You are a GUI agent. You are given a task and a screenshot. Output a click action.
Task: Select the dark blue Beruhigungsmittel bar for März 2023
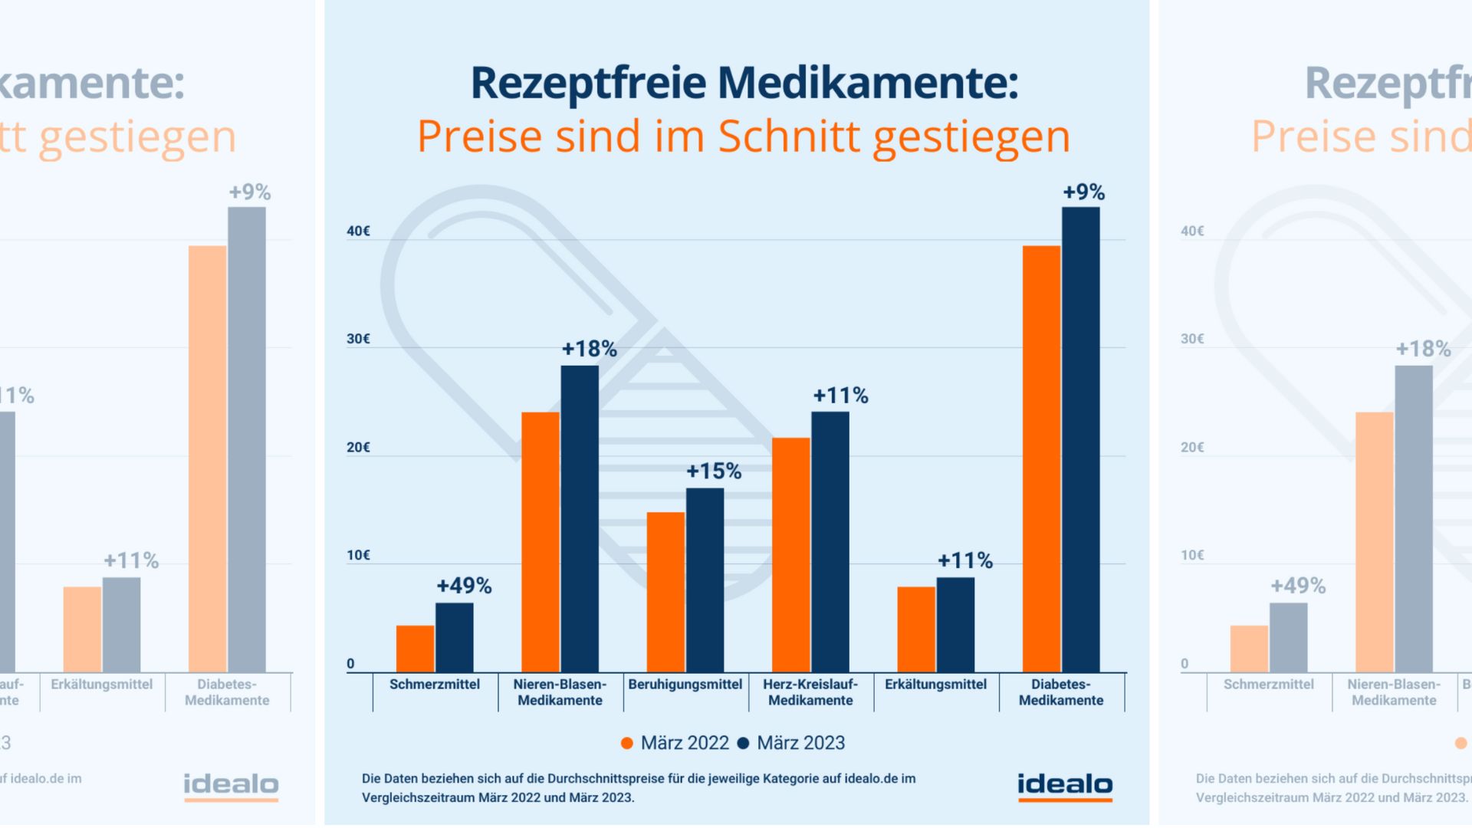point(705,580)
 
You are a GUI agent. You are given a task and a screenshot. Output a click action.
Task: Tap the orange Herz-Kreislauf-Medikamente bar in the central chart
point(790,555)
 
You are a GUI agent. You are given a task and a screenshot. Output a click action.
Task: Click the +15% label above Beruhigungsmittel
point(714,471)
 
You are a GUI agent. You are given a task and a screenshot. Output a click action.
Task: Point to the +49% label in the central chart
point(464,586)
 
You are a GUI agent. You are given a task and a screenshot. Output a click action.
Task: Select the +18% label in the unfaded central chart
point(589,349)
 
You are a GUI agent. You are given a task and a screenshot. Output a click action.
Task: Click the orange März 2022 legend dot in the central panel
point(627,743)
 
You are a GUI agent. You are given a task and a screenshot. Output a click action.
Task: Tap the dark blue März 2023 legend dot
point(743,743)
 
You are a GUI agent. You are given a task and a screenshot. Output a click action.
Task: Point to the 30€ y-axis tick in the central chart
point(358,339)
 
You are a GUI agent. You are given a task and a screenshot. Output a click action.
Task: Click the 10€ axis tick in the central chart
point(358,555)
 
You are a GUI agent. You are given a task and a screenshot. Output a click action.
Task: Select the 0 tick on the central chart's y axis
point(350,664)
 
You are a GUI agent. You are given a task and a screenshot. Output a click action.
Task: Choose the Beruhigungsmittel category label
point(685,684)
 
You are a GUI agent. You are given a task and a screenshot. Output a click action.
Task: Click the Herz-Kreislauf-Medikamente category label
point(810,692)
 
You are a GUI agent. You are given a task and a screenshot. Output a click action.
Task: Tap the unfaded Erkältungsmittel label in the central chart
point(935,684)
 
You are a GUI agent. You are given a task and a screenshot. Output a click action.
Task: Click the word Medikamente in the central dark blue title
point(867,83)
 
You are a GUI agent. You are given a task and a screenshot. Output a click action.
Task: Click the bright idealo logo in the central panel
point(1065,786)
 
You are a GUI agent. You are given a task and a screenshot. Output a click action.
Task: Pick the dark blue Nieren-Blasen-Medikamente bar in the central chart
point(580,519)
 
